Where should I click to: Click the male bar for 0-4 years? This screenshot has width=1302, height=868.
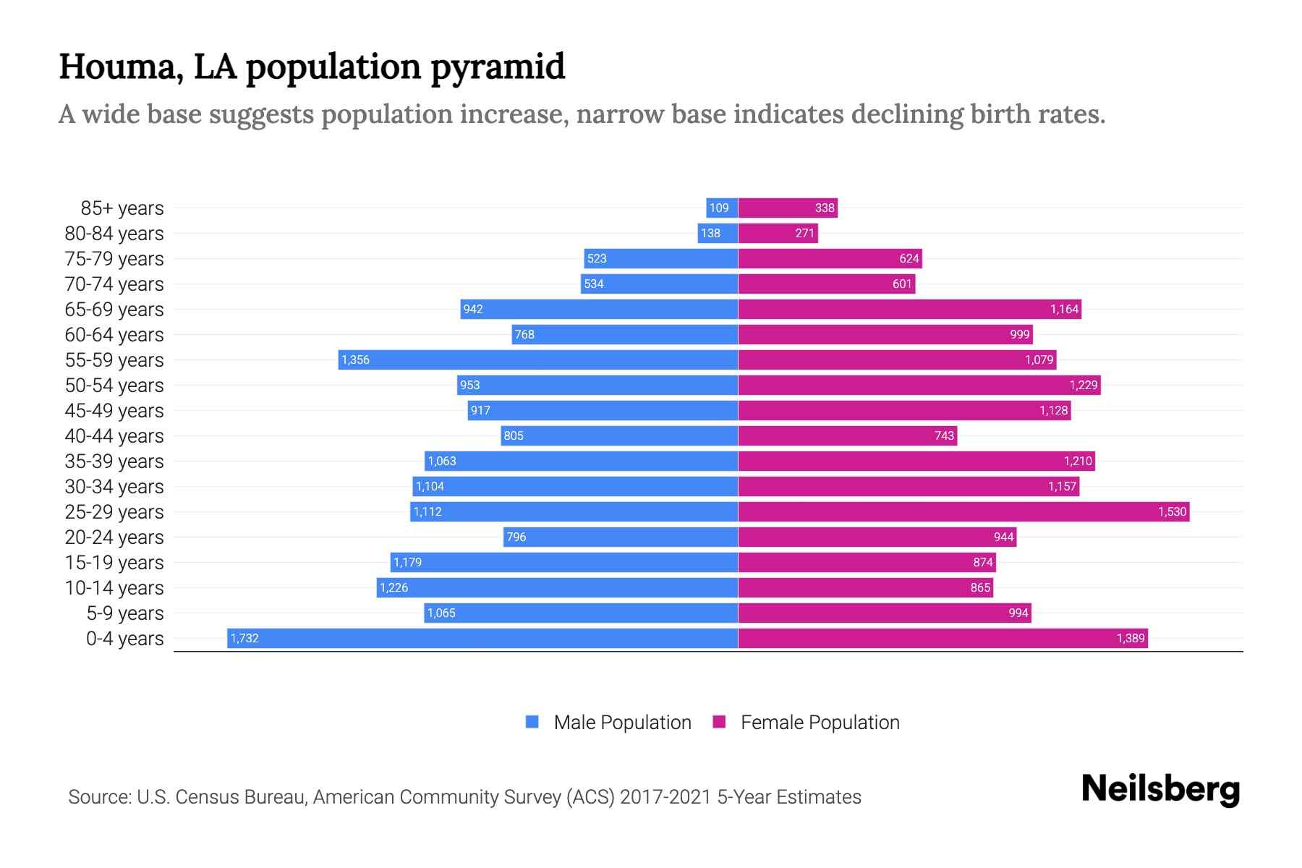(x=482, y=638)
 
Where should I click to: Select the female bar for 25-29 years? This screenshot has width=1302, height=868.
(x=963, y=511)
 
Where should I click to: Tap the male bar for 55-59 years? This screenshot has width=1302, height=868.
(x=538, y=359)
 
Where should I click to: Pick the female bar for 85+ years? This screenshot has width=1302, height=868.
(x=788, y=208)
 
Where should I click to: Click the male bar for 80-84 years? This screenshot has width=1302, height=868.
(x=718, y=233)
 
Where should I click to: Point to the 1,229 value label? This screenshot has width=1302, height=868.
(x=1084, y=385)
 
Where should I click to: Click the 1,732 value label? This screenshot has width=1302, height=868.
(x=244, y=638)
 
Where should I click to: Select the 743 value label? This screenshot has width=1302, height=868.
(x=944, y=435)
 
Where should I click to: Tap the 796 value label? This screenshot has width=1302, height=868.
(x=516, y=537)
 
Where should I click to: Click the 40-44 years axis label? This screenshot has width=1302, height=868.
(x=114, y=435)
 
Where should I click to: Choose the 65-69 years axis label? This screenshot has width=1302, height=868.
(x=114, y=309)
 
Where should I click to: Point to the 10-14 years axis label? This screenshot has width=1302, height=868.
(x=114, y=587)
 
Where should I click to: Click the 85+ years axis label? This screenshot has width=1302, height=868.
(x=122, y=208)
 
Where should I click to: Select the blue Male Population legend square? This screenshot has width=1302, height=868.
(x=532, y=722)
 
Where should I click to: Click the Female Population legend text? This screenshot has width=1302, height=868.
(x=820, y=722)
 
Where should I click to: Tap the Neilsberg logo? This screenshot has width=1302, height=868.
(x=1160, y=789)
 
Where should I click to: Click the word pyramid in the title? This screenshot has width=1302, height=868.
(x=498, y=67)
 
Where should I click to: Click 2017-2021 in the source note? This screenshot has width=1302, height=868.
(x=665, y=796)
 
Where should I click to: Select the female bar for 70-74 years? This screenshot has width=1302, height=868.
(x=826, y=284)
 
